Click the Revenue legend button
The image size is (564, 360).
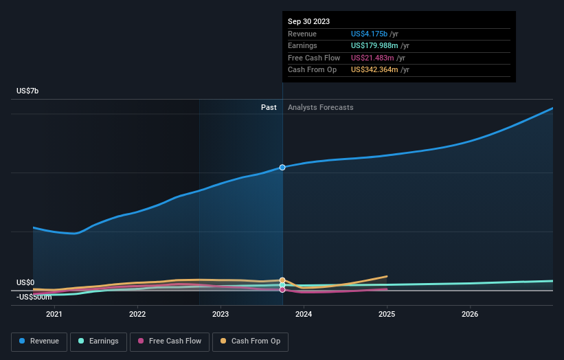pyautogui.click(x=38, y=341)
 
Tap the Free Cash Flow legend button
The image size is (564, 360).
pyautogui.click(x=169, y=341)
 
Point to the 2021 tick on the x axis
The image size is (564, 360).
pyautogui.click(x=54, y=314)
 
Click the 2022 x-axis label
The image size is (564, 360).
pyautogui.click(x=137, y=314)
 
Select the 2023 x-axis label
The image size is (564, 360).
pyautogui.click(x=221, y=314)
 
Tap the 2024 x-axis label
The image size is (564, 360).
pyautogui.click(x=304, y=314)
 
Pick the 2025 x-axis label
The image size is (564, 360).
pyautogui.click(x=387, y=314)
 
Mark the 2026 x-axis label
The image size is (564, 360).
pyautogui.click(x=470, y=314)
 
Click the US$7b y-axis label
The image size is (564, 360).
pyautogui.click(x=28, y=91)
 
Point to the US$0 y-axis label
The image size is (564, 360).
pyautogui.click(x=25, y=282)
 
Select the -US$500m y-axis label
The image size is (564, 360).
pyautogui.click(x=34, y=297)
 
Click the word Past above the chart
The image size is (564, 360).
pyautogui.click(x=269, y=107)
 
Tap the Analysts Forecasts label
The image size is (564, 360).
pyautogui.click(x=321, y=107)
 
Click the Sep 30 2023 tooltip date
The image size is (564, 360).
pyautogui.click(x=308, y=21)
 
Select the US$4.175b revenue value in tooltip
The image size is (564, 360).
pyautogui.click(x=370, y=34)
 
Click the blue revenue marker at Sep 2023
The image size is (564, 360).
pyautogui.click(x=282, y=167)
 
